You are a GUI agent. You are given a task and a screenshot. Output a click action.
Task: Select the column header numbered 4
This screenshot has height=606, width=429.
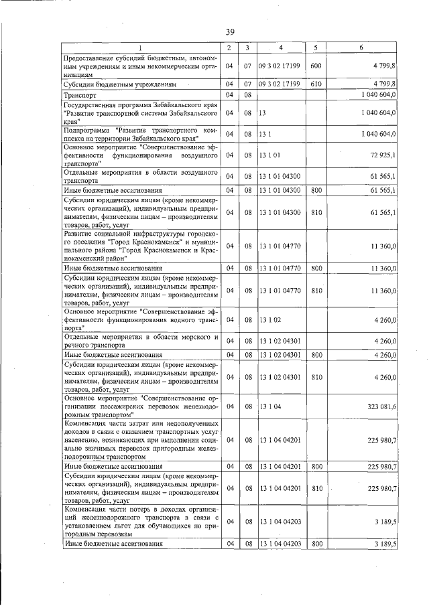coord(281,48)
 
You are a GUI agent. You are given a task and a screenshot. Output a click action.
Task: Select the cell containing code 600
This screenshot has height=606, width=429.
coord(316,66)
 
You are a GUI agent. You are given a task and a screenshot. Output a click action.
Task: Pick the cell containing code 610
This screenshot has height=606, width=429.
coord(316,85)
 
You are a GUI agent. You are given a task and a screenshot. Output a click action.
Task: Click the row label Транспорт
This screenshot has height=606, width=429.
coord(80,96)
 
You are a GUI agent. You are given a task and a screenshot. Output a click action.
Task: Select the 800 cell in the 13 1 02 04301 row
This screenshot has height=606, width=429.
coord(316,354)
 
